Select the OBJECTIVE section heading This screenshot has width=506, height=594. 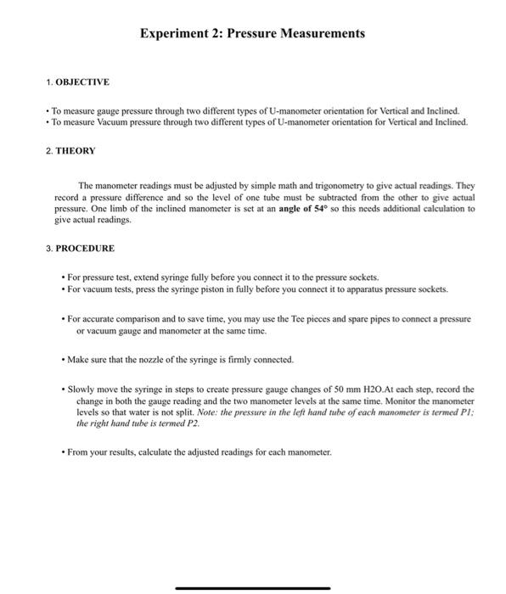(82, 82)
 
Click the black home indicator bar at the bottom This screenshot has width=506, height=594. (253, 587)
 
